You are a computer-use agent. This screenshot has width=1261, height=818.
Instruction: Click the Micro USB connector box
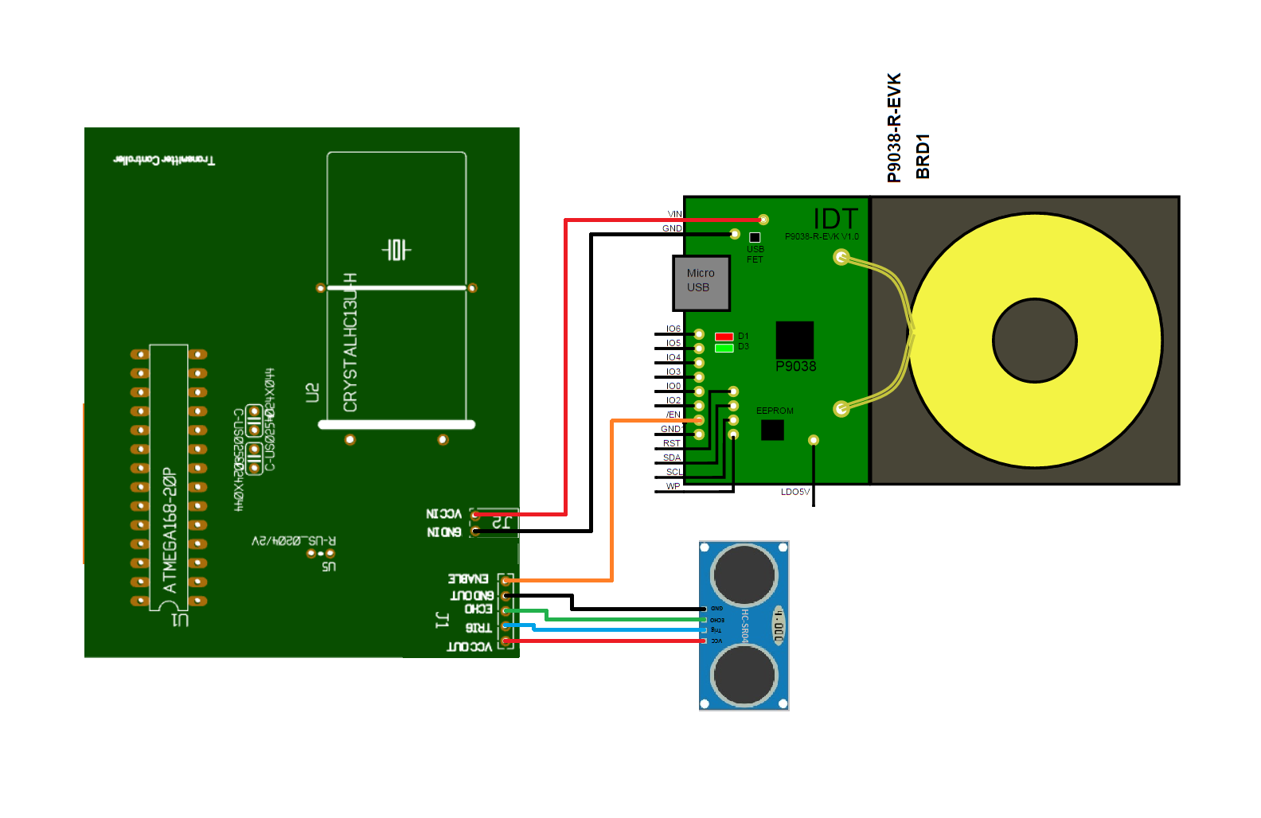701,282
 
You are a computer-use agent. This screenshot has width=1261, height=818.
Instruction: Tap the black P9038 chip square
794,340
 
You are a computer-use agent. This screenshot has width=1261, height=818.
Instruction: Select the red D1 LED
724,337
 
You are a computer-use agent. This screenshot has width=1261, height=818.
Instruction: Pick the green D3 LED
724,348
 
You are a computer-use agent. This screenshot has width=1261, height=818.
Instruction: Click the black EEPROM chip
772,430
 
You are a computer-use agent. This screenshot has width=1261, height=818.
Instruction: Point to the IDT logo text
835,219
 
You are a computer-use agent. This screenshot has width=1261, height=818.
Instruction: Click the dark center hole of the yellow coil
1034,341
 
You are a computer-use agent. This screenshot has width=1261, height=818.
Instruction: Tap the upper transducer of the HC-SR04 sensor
744,574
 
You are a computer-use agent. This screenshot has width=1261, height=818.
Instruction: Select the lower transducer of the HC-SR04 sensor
744,675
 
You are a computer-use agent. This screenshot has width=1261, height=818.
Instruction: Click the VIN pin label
674,214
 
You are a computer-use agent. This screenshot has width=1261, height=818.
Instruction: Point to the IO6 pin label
673,329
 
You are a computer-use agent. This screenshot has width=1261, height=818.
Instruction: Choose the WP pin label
673,486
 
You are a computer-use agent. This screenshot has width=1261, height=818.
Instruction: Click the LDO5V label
794,492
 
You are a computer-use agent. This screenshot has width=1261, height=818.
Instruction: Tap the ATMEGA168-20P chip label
170,530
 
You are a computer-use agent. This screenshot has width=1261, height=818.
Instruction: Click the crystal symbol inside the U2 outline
396,250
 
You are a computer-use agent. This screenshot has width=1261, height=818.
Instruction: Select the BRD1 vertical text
923,156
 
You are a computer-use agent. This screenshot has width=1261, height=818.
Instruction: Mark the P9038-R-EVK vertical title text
894,127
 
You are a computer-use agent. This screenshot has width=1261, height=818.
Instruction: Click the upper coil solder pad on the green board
841,257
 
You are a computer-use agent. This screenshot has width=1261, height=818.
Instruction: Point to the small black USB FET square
755,237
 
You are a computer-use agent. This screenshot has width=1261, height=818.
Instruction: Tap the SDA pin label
672,458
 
